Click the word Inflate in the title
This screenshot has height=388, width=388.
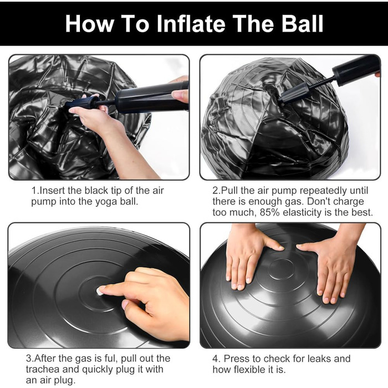[191, 23]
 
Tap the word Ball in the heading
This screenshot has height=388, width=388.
[303, 23]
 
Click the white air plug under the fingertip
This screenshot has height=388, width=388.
[99, 292]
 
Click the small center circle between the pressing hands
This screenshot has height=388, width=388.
[281, 269]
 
